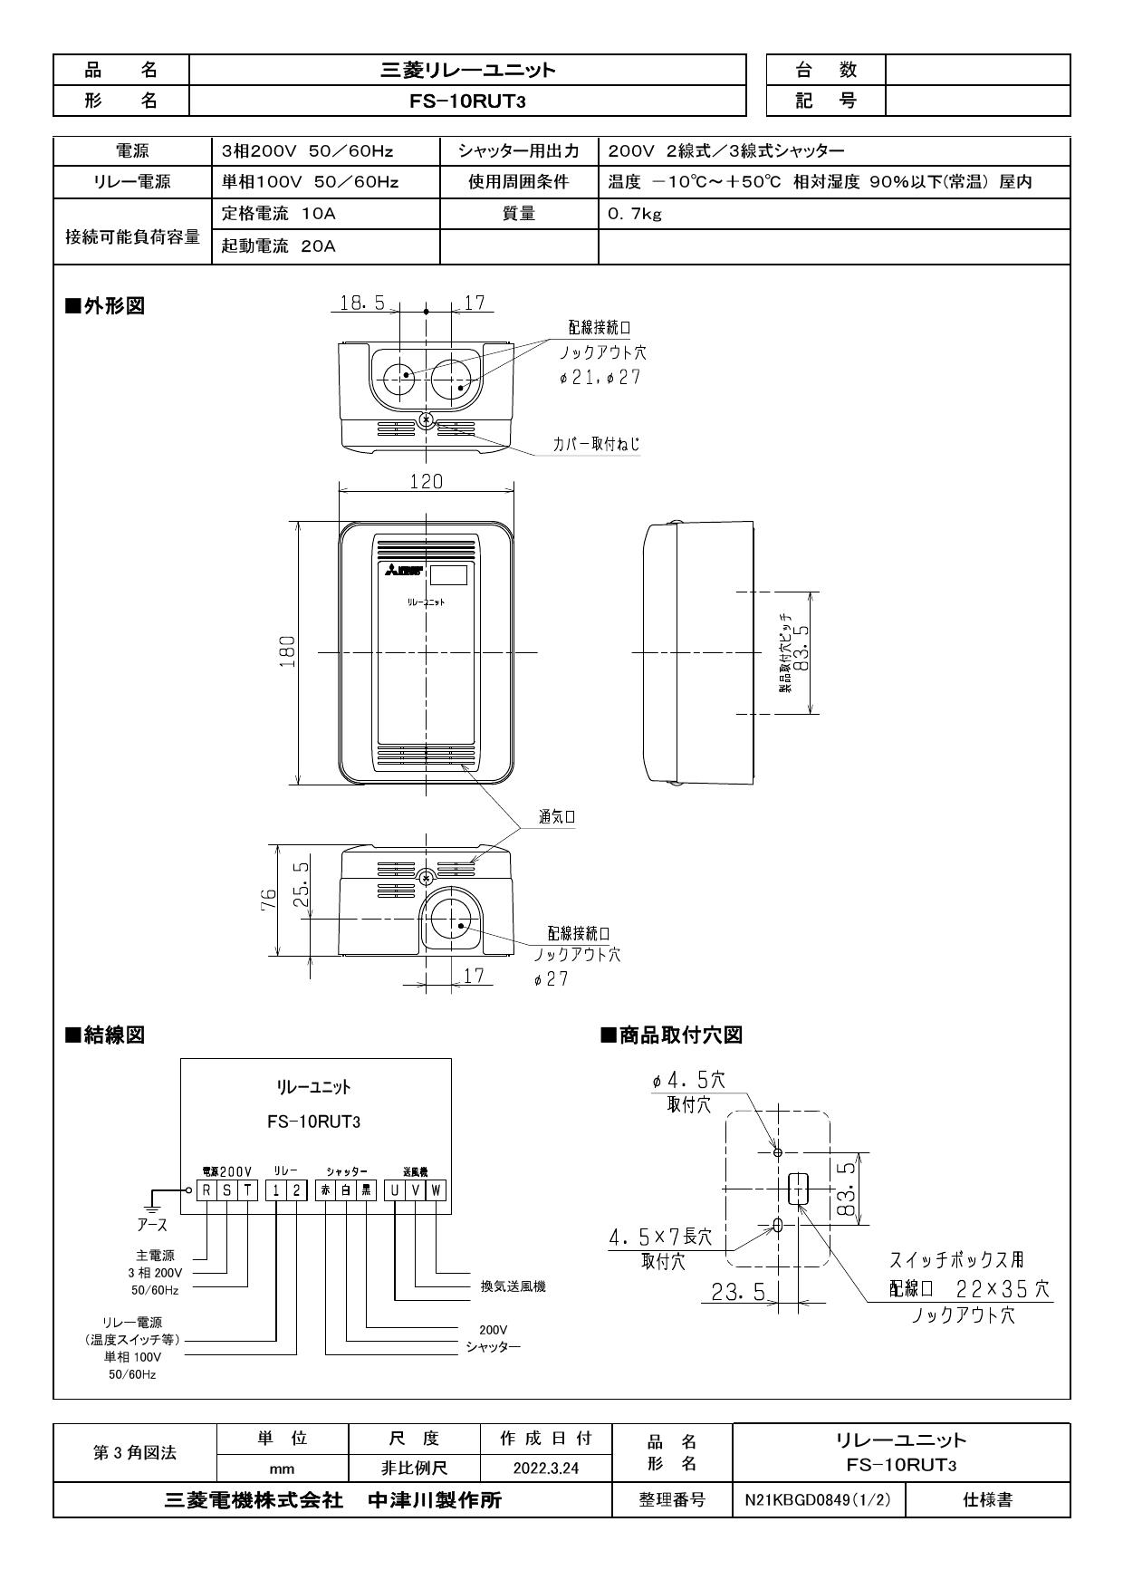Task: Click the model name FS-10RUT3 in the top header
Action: [x=467, y=101]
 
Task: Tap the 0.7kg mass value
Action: [x=635, y=215]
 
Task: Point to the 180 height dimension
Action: [x=287, y=651]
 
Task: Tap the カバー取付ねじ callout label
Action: [x=596, y=444]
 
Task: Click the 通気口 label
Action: [x=557, y=816]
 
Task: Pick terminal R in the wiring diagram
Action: [x=207, y=1191]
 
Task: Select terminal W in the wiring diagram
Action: [x=437, y=1191]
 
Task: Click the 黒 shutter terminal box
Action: [x=366, y=1191]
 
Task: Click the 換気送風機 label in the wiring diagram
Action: [x=513, y=1286]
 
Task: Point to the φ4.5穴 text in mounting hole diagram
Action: [x=688, y=1080]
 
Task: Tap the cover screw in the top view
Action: [x=426, y=420]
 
